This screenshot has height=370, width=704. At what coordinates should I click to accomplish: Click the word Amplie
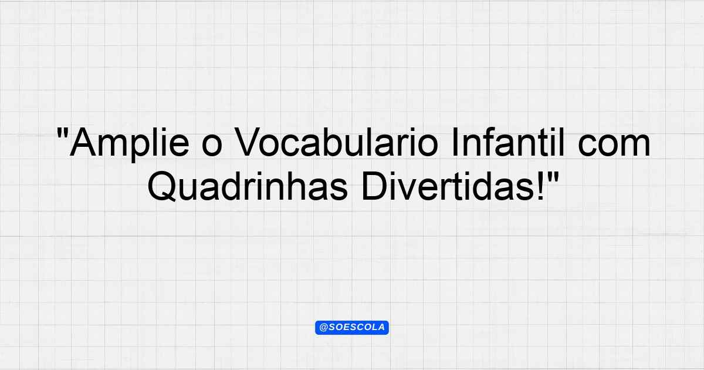pyautogui.click(x=130, y=143)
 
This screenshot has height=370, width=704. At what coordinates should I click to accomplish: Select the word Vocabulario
pyautogui.click(x=336, y=142)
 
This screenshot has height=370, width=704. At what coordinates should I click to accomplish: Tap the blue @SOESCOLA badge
pyautogui.click(x=352, y=328)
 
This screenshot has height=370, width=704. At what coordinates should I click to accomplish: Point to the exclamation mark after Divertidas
pyautogui.click(x=541, y=186)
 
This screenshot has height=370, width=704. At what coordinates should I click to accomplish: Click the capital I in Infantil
pyautogui.click(x=455, y=142)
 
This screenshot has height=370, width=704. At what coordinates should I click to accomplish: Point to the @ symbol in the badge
pyautogui.click(x=323, y=328)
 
